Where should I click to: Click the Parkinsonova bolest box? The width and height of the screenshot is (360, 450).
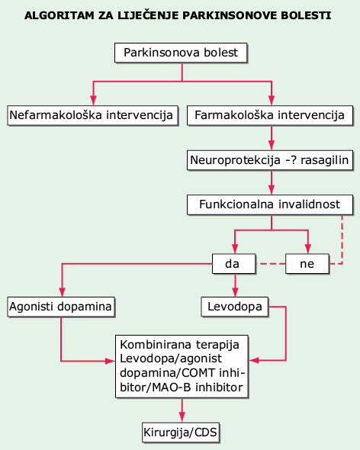[181, 53]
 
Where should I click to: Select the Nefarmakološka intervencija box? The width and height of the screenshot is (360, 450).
[92, 115]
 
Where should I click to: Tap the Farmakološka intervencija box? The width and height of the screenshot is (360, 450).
[270, 115]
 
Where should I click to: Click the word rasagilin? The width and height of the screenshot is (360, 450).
[324, 160]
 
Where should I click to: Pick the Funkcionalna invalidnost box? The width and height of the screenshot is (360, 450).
[270, 205]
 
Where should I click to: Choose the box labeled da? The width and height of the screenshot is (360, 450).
[233, 263]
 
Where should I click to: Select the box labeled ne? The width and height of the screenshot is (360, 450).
[307, 263]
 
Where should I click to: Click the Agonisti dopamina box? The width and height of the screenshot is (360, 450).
[61, 307]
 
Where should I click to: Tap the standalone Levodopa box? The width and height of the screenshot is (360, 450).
[235, 307]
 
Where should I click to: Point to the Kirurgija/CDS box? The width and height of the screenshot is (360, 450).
[181, 432]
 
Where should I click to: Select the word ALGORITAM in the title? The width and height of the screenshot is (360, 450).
[59, 15]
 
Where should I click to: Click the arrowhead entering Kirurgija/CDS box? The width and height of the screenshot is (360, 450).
[182, 417]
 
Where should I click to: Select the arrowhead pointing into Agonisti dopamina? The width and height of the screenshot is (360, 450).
[63, 292]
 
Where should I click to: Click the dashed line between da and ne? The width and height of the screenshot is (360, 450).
[271, 263]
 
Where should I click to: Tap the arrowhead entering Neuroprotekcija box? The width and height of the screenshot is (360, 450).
[272, 145]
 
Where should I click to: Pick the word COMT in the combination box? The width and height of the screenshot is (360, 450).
[198, 373]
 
